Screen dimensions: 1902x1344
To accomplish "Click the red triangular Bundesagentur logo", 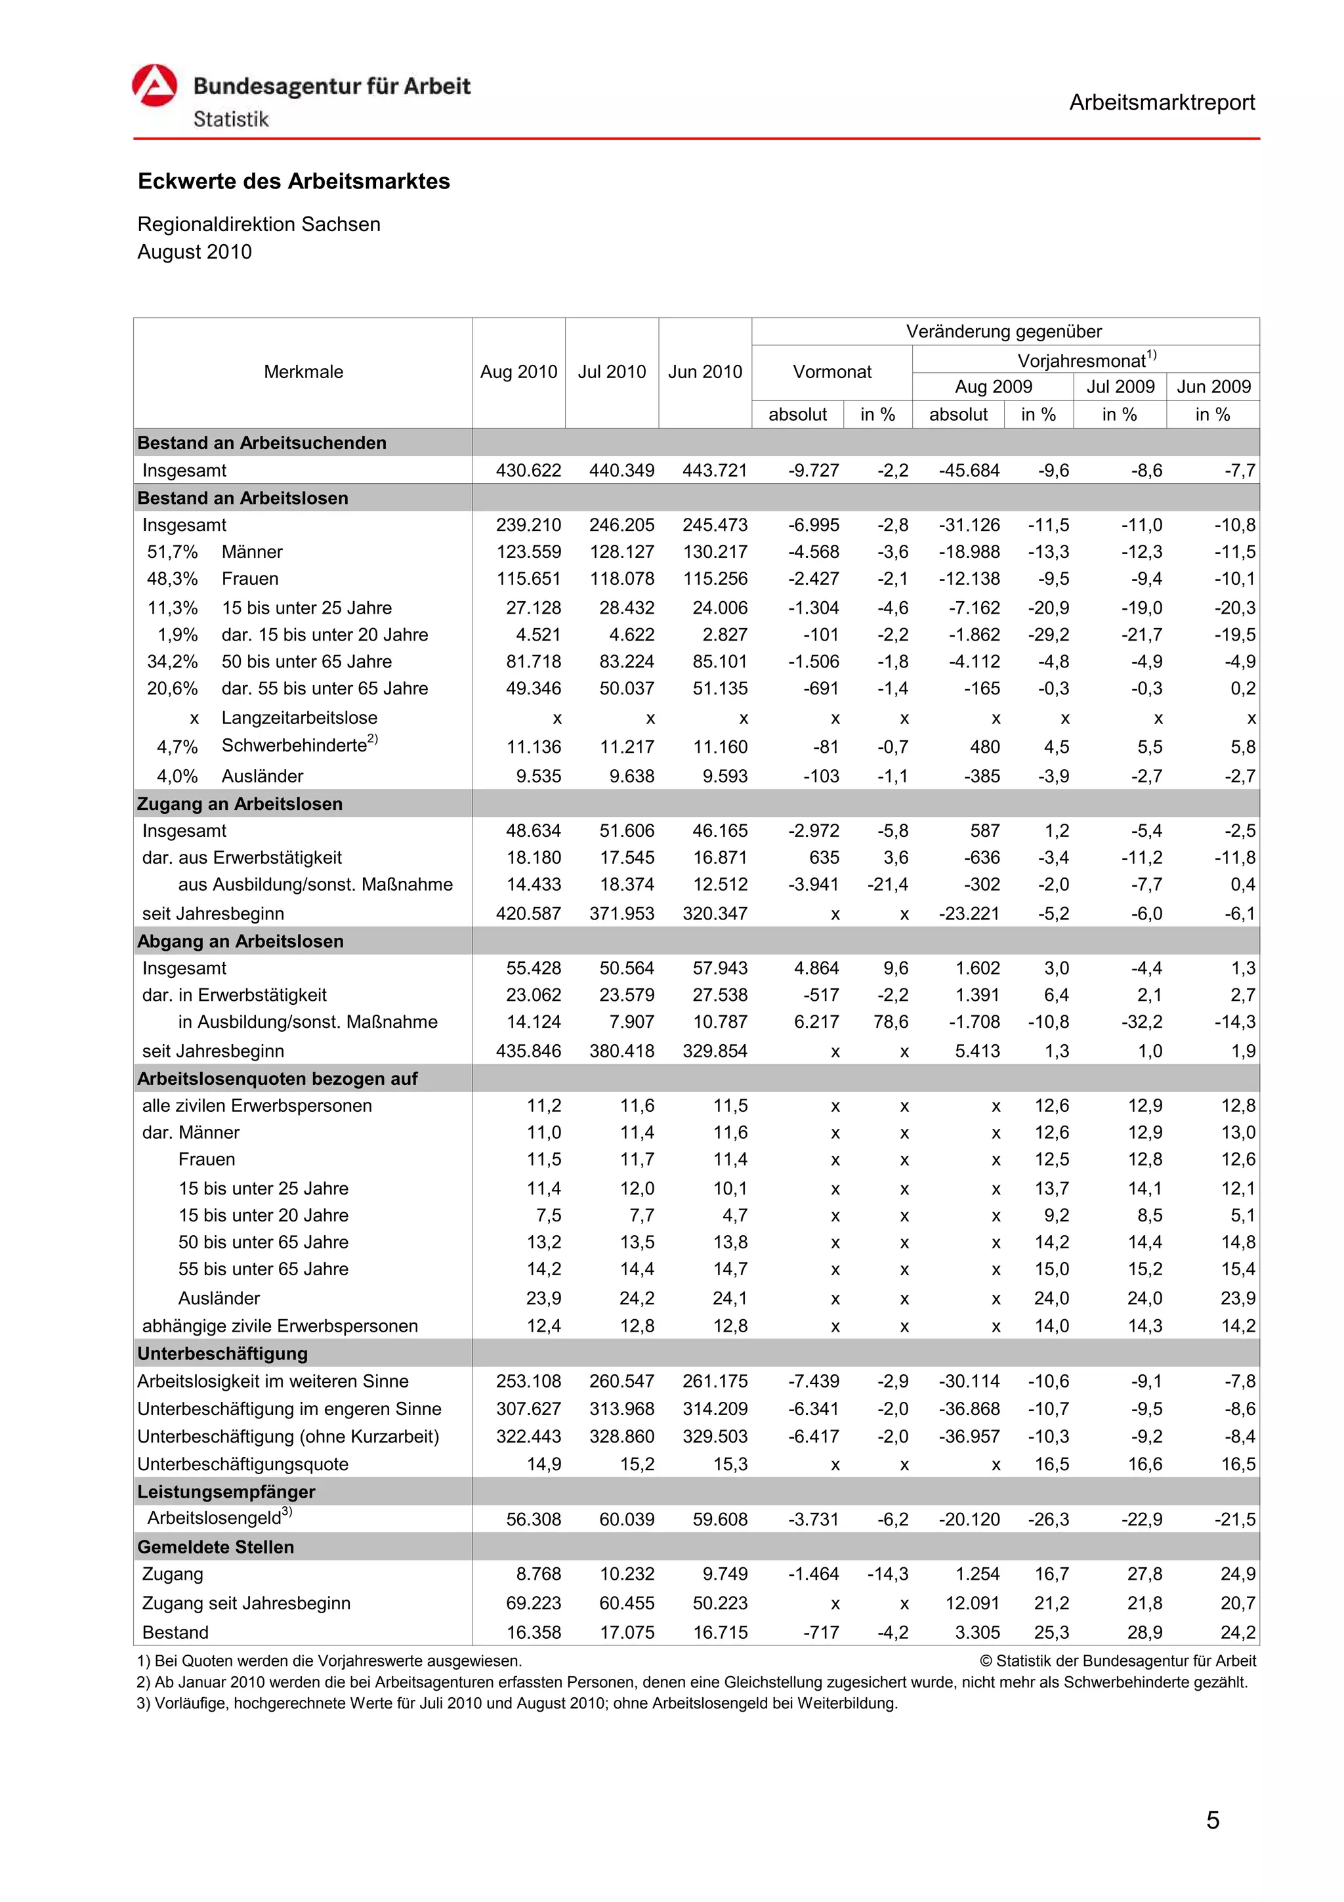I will (x=155, y=85).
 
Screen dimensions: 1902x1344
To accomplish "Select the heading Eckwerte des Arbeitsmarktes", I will (x=293, y=181).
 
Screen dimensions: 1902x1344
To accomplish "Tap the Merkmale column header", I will (x=303, y=372).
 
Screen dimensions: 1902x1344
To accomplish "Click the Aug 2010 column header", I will (x=518, y=372).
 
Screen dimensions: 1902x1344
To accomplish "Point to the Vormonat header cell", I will (x=831, y=372).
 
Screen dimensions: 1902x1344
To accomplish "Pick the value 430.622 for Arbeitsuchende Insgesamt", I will (x=528, y=471).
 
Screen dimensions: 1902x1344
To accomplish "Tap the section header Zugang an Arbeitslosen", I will (x=240, y=803).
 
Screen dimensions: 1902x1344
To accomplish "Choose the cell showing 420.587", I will (x=528, y=914).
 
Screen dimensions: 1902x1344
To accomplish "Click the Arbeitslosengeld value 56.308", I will (x=534, y=1519).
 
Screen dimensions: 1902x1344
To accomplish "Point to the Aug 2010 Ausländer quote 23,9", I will (x=543, y=1298).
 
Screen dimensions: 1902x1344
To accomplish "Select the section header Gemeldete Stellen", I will (x=215, y=1547).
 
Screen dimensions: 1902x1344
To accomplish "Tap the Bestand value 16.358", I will (x=534, y=1632).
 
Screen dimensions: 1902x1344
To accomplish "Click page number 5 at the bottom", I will (x=1212, y=1820).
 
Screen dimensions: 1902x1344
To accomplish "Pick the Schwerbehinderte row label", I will (x=294, y=746).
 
